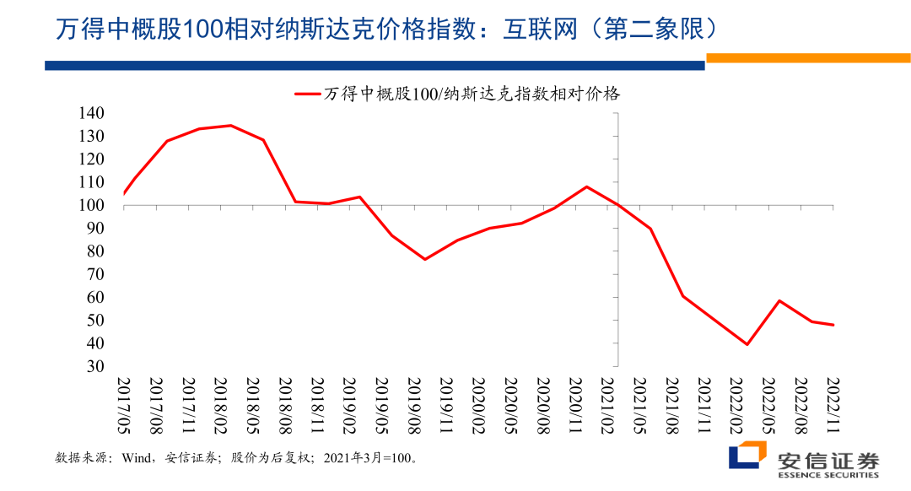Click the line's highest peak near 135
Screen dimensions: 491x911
click(x=230, y=126)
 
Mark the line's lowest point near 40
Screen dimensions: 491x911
click(x=747, y=344)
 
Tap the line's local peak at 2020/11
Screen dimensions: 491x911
click(x=586, y=186)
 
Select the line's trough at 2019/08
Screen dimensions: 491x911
click(x=424, y=259)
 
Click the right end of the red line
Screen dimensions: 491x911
click(x=833, y=325)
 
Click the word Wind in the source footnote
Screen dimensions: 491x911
click(x=137, y=459)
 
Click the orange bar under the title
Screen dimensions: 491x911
click(x=807, y=58)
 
